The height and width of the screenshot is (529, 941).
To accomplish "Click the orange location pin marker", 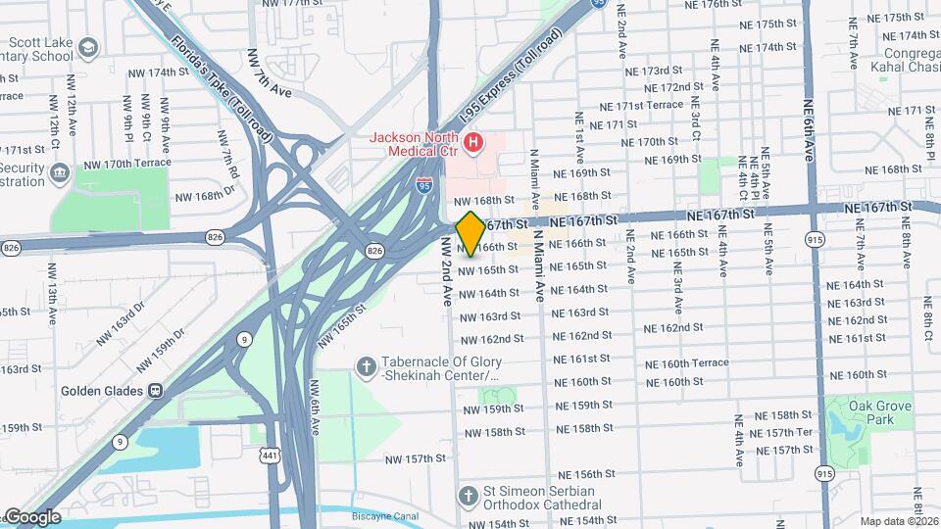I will click(x=470, y=232).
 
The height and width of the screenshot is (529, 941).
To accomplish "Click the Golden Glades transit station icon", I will click(x=155, y=390).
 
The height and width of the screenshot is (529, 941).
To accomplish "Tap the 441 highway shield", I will click(x=271, y=455).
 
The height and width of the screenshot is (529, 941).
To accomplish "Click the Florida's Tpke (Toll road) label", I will click(x=220, y=77).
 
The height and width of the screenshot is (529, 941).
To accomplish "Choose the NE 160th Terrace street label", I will click(x=687, y=363).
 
